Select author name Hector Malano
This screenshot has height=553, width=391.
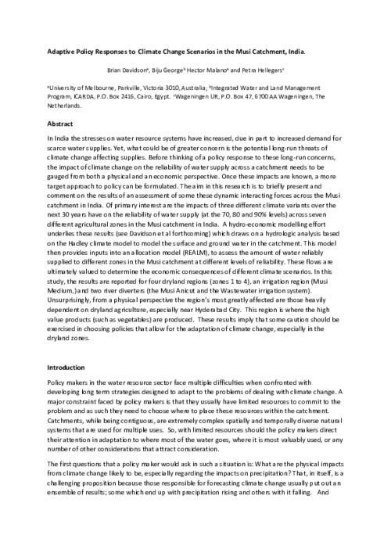pos(231,70)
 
